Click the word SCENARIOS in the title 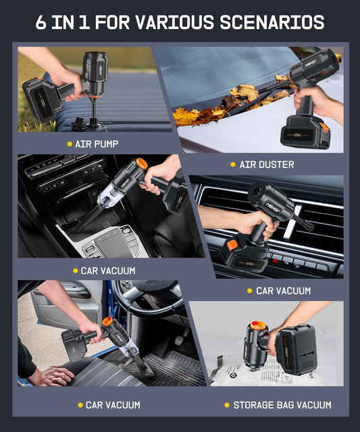[x=272, y=22]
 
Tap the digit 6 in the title [x=41, y=22]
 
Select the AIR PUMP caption [x=97, y=144]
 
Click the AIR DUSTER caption [x=267, y=165]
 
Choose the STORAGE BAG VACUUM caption [x=282, y=405]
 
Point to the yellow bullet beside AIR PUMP [x=70, y=144]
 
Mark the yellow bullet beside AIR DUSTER [x=233, y=165]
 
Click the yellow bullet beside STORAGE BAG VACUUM [x=227, y=405]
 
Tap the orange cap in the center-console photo [x=142, y=164]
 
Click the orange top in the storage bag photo [x=258, y=326]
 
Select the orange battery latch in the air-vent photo [x=232, y=245]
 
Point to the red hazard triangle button [x=275, y=261]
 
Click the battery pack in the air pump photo [x=41, y=99]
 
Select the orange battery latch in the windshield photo [x=324, y=128]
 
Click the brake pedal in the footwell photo [x=180, y=340]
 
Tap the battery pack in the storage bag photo [x=297, y=349]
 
